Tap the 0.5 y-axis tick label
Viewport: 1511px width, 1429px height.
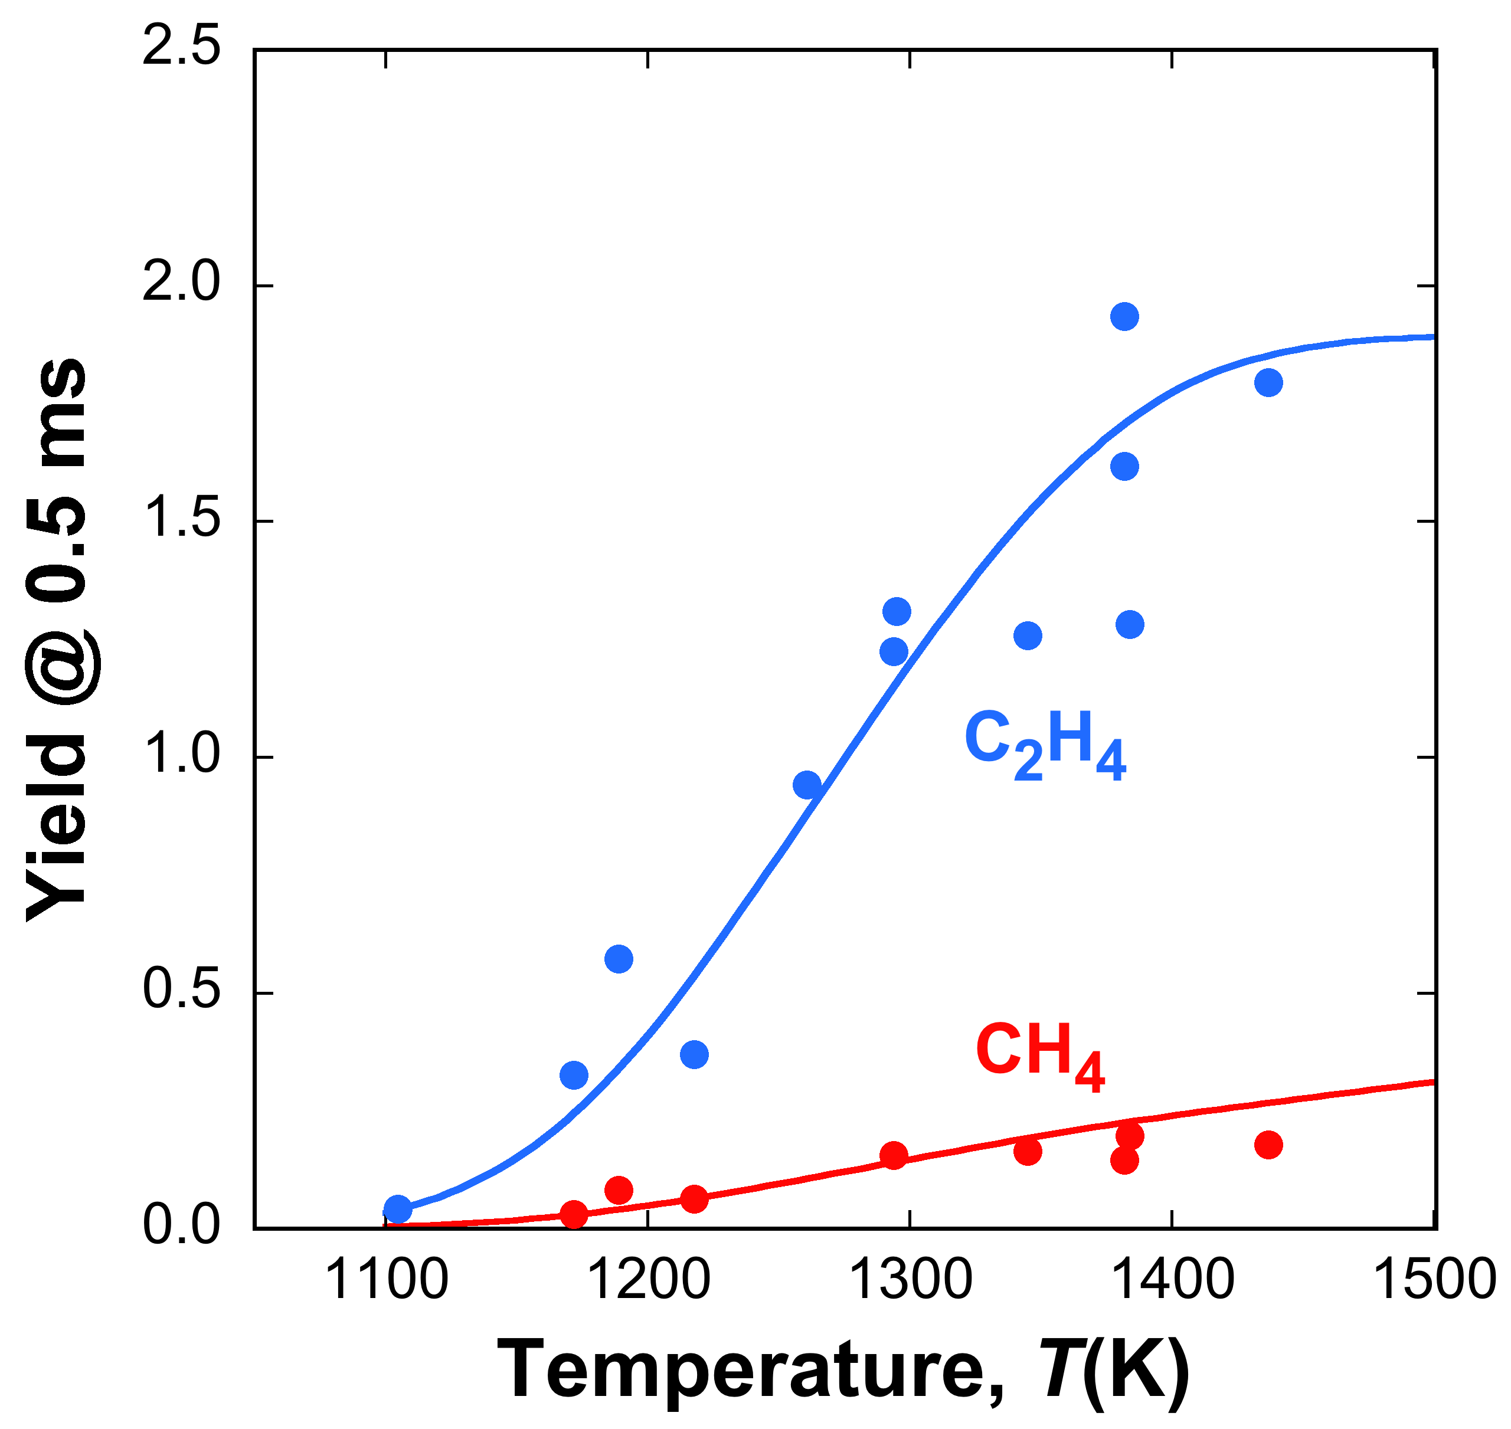[181, 991]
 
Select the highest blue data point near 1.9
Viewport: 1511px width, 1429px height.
[1124, 316]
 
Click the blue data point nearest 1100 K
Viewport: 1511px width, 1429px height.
[398, 1209]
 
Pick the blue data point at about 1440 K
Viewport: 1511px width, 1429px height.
[1268, 382]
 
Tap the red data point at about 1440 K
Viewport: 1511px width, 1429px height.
[1268, 1145]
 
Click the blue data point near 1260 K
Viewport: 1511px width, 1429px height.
[807, 785]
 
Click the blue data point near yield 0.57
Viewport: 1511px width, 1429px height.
[619, 959]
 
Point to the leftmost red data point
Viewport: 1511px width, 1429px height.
[574, 1214]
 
